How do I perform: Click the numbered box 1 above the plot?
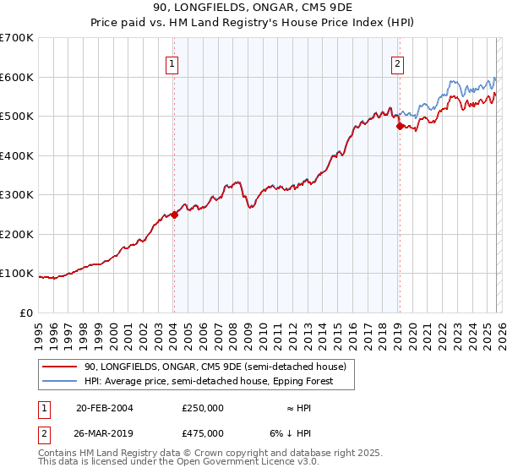(x=172, y=63)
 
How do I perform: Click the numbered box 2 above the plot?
(x=397, y=63)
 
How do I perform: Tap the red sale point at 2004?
(x=174, y=215)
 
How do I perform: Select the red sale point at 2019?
(x=400, y=127)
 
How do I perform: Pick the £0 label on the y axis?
(x=25, y=313)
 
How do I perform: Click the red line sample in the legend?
(x=59, y=367)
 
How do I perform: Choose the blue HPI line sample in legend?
(x=59, y=381)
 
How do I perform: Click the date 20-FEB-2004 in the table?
(x=105, y=408)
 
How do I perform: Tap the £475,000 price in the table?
(x=203, y=433)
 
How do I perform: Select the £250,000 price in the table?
(x=203, y=408)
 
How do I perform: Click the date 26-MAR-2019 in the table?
(x=105, y=433)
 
